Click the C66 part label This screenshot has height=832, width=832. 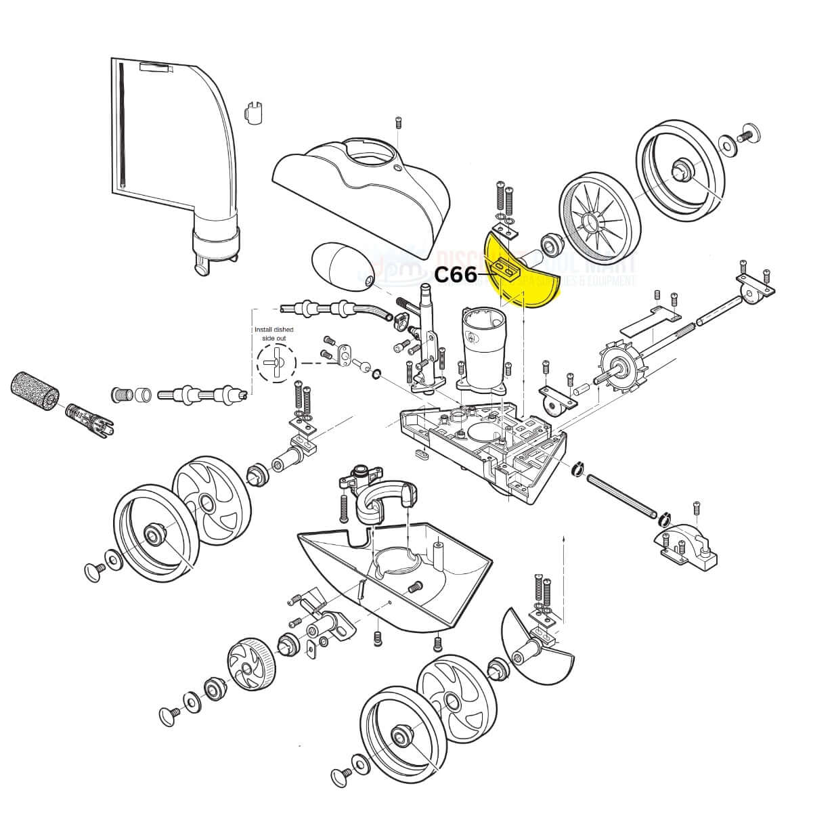456,275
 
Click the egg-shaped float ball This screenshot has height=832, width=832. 341,268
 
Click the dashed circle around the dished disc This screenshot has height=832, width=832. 276,362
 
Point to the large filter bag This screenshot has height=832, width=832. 169,135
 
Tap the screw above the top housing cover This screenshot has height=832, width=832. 398,124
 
